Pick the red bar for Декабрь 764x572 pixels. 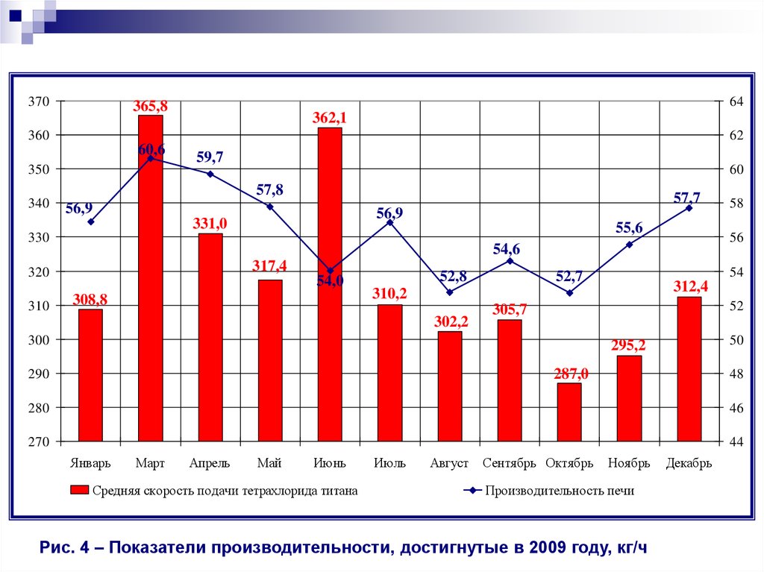pyautogui.click(x=689, y=368)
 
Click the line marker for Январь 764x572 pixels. pyautogui.click(x=90, y=221)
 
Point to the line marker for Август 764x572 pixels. pyautogui.click(x=450, y=292)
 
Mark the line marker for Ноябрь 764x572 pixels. pyautogui.click(x=629, y=245)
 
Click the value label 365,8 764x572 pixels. pyautogui.click(x=150, y=107)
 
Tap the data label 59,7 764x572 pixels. pyautogui.click(x=210, y=157)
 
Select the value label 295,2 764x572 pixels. pyautogui.click(x=630, y=346)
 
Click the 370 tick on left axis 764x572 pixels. pyautogui.click(x=39, y=101)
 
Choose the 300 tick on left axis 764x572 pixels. pyautogui.click(x=39, y=340)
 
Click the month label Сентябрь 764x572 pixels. pyautogui.click(x=509, y=463)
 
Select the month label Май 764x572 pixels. pyautogui.click(x=269, y=463)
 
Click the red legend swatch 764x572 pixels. pyautogui.click(x=78, y=491)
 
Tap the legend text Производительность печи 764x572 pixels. pyautogui.click(x=560, y=491)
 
